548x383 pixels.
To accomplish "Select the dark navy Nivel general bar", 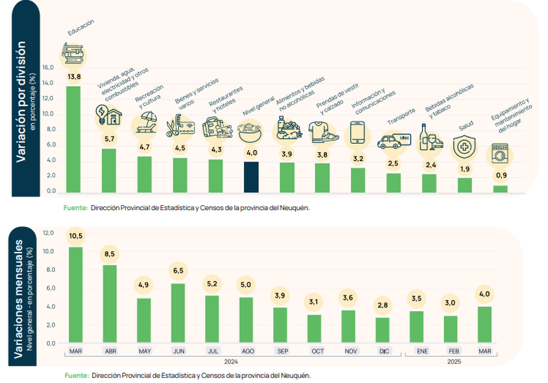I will pos(251,177).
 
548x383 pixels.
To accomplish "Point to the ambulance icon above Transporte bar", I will pos(394,141).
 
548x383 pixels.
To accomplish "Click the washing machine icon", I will pos(500,155).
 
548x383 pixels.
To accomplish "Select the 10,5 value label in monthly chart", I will pos(75,236).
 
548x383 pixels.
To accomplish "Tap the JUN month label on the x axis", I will pos(179,352).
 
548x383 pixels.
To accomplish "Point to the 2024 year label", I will pos(231,362).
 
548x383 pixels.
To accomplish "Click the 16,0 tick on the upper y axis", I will pos(48,68).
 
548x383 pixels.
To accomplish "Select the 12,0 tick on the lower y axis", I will pos(48,233).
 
